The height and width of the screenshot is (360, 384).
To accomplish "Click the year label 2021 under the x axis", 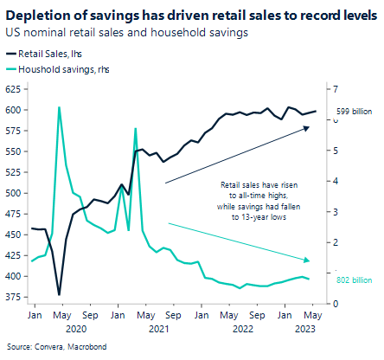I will [159, 330].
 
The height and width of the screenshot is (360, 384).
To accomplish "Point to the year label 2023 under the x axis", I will [304, 330].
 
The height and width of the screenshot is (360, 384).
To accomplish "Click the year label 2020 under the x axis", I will [74, 330].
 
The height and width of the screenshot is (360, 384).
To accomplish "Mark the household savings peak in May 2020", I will [59, 107].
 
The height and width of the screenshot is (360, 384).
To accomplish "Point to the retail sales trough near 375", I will [59, 295].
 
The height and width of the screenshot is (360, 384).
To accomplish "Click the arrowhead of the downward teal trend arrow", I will [310, 260].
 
